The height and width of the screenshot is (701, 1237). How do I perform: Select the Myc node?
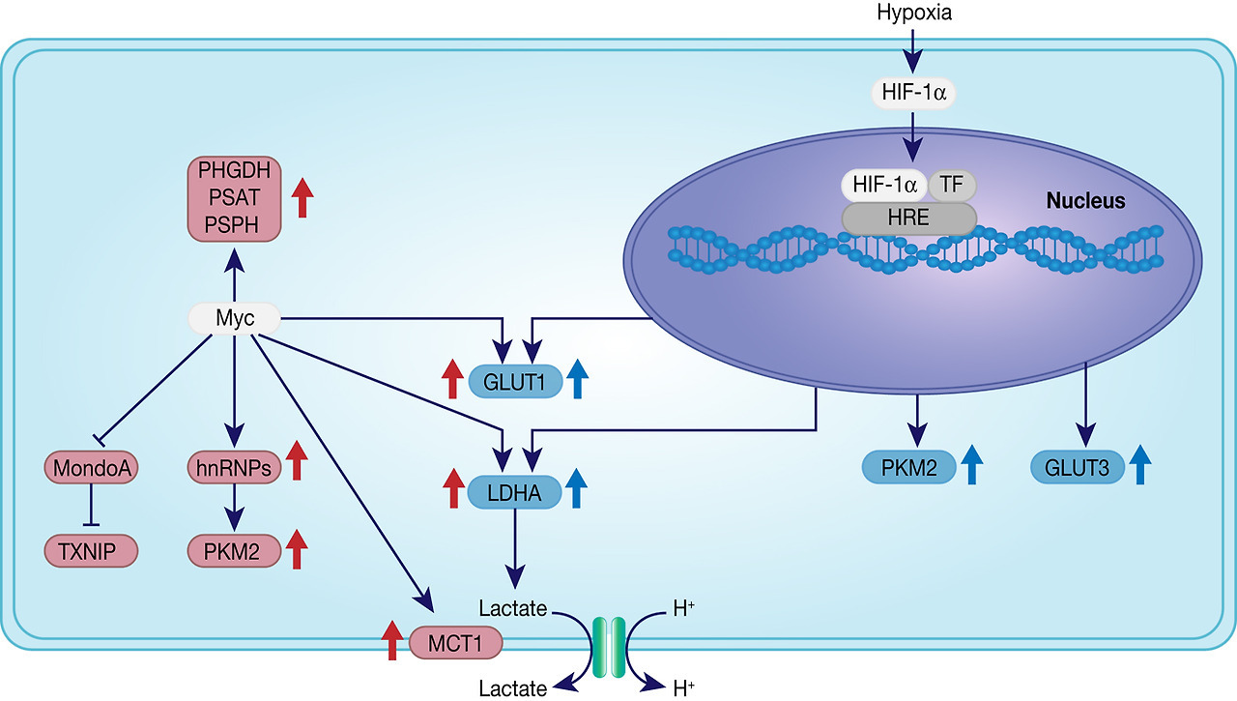click(235, 317)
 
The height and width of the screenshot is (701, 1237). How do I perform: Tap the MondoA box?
click(92, 468)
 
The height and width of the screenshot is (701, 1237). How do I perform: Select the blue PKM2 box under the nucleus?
click(908, 468)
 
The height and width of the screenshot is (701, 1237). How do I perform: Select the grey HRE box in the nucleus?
click(908, 219)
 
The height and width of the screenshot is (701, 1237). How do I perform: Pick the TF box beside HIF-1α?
click(953, 185)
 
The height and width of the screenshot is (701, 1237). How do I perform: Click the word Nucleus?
click(1086, 201)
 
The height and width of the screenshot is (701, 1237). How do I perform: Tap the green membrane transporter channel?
click(609, 645)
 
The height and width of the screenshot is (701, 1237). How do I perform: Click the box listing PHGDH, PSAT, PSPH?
click(235, 198)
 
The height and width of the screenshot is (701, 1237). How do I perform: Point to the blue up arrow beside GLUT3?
click(1139, 465)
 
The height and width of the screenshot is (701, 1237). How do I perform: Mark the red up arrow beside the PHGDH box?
click(303, 196)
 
